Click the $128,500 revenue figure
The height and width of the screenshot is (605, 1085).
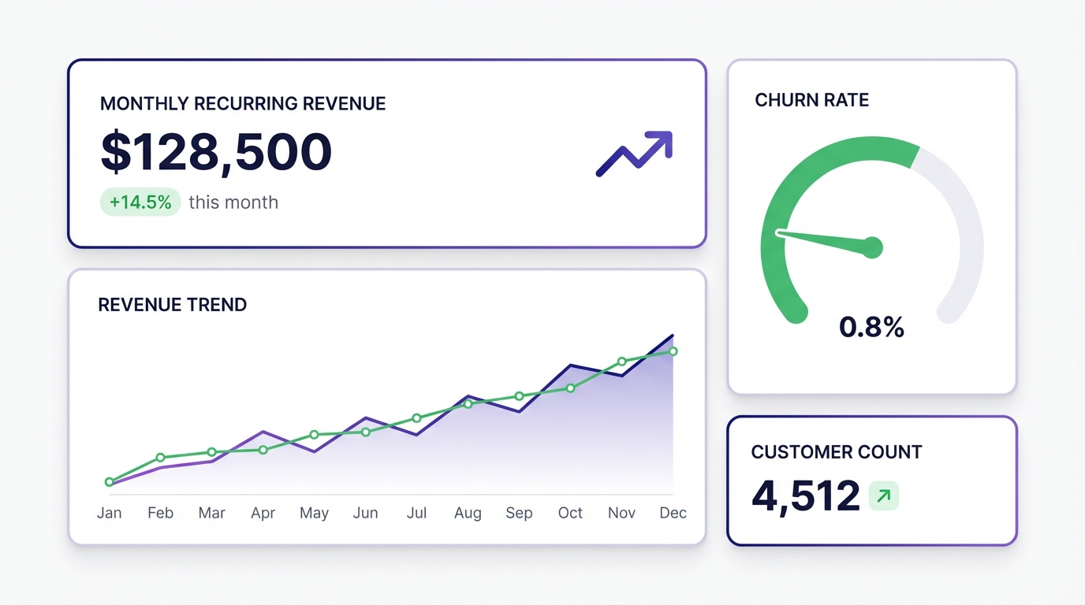216,152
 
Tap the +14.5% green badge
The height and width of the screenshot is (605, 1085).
140,202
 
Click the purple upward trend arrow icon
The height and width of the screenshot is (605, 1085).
635,153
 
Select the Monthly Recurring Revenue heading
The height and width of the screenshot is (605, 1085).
243,103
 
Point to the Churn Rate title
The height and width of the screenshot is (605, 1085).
811,100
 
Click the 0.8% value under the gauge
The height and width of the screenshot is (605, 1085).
871,327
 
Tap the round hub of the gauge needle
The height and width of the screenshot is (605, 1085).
871,247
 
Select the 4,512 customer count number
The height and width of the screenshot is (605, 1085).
805,496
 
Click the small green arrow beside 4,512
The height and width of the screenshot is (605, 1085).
883,496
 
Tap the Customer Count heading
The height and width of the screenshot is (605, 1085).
836,452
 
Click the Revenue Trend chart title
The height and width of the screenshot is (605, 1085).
172,305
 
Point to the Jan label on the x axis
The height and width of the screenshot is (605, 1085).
109,513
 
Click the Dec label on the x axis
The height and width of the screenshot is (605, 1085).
673,513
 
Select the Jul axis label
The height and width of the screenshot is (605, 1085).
416,513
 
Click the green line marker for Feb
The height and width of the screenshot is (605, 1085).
160,458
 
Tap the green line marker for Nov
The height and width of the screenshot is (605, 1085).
621,362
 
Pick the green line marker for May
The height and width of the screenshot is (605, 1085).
314,435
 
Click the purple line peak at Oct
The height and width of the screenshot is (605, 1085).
570,366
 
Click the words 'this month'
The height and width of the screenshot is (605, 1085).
233,202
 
